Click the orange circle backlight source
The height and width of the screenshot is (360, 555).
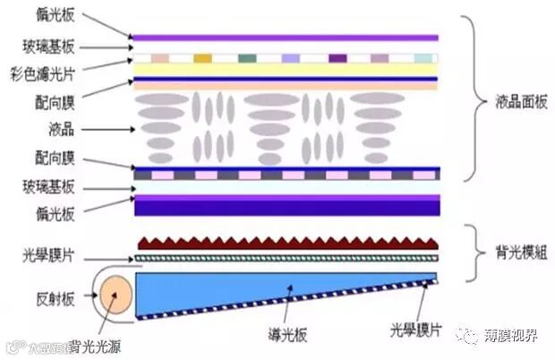coord(114,296)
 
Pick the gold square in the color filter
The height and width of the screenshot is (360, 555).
coord(202,58)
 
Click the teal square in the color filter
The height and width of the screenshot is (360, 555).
coord(247,58)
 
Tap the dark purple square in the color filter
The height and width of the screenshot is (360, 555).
coord(337,58)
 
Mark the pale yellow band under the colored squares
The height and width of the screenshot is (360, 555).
coord(286,69)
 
